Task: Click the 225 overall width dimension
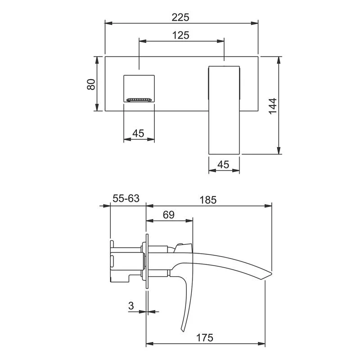click(181, 17)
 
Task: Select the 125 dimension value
click(181, 35)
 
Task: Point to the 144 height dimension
click(273, 106)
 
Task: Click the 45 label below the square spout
click(139, 133)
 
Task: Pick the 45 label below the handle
click(224, 165)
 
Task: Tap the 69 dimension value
click(168, 215)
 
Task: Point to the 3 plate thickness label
click(131, 306)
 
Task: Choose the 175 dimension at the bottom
click(205, 337)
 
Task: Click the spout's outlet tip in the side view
click(269, 275)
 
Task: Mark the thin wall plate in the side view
click(146, 261)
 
